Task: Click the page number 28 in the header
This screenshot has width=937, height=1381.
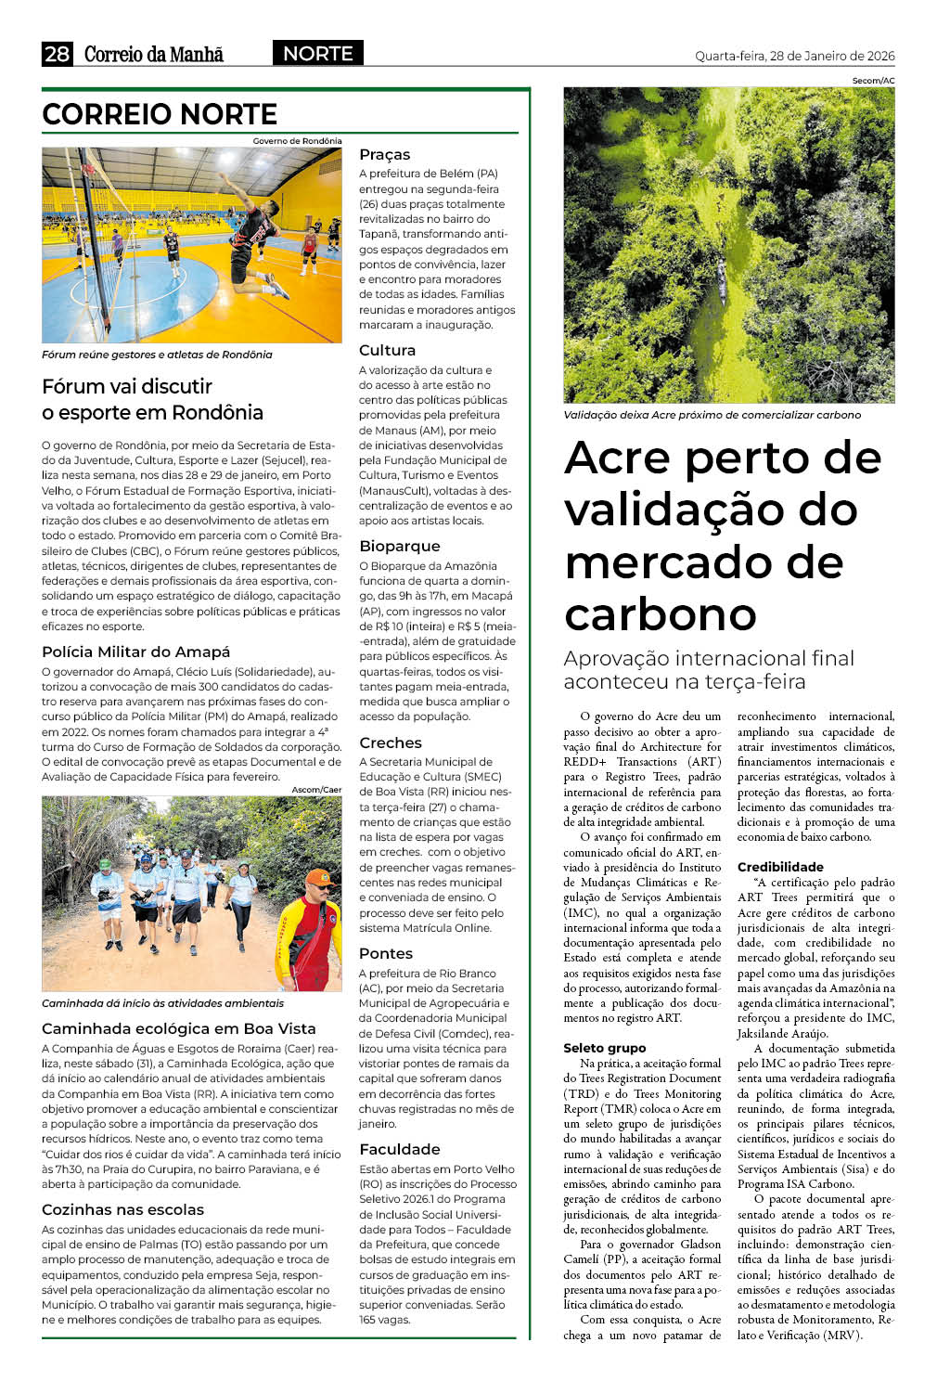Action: pos(57,54)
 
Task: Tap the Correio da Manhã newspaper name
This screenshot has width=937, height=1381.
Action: pos(154,54)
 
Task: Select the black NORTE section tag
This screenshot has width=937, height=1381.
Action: pos(317,54)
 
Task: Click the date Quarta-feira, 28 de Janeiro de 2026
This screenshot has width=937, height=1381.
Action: pos(794,56)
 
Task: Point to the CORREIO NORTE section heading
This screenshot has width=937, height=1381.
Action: pos(160,114)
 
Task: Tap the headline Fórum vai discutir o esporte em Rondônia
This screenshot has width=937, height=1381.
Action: pos(152,399)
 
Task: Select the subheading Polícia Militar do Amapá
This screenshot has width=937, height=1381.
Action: pos(135,652)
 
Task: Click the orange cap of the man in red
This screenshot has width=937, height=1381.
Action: pos(318,875)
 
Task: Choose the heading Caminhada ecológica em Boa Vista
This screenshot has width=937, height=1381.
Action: pos(178,1028)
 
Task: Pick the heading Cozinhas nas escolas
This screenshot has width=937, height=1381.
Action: pos(122,1209)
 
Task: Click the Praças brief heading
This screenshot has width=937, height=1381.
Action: pos(384,154)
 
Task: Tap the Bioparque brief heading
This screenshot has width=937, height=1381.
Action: pos(399,546)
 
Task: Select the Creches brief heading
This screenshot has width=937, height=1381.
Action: pos(390,742)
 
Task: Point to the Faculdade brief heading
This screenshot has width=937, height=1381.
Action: pos(399,1149)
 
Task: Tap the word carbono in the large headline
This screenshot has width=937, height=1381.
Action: pos(661,613)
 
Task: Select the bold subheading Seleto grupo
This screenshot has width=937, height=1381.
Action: pos(604,1048)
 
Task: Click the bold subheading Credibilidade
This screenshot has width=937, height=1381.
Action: pos(780,867)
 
